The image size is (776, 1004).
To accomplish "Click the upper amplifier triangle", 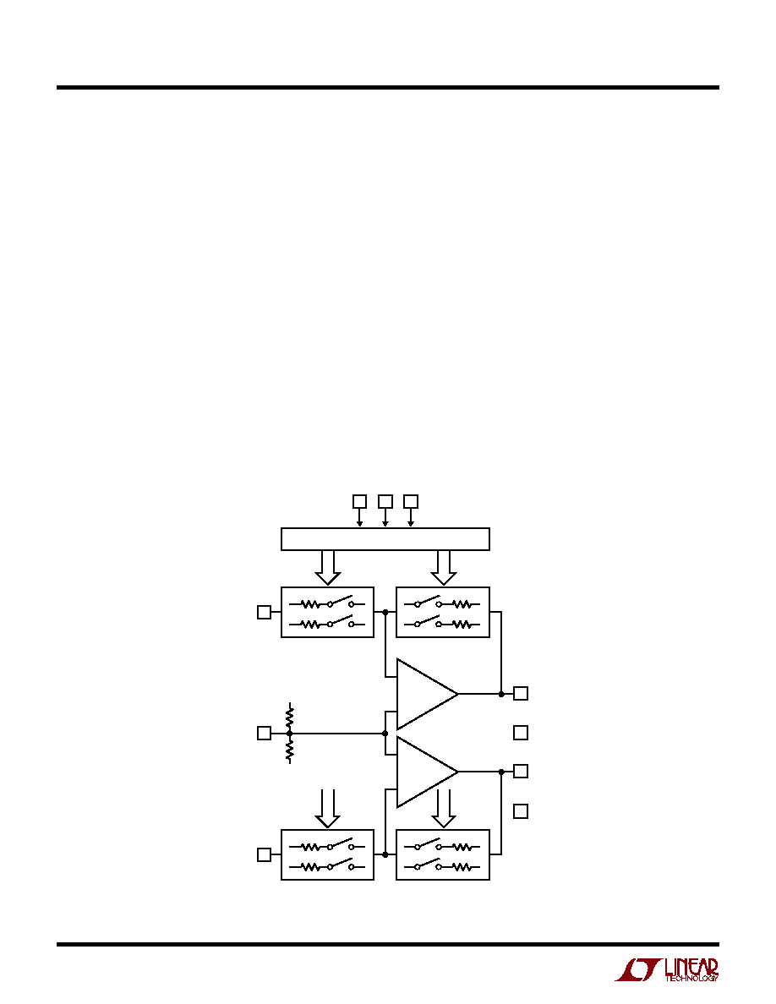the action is pyautogui.click(x=426, y=694).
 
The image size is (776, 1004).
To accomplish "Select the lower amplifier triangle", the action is pyautogui.click(x=426, y=772).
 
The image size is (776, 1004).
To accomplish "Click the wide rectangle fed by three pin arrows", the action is pyautogui.click(x=385, y=539).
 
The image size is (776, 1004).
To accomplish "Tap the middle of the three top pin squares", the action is pyautogui.click(x=385, y=500).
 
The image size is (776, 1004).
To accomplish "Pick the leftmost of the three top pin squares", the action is pyautogui.click(x=360, y=500).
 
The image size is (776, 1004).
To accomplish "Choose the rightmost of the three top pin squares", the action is pyautogui.click(x=411, y=500).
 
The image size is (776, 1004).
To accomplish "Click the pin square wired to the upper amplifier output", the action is pyautogui.click(x=522, y=694).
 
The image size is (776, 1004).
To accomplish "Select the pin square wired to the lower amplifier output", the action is pyautogui.click(x=522, y=771).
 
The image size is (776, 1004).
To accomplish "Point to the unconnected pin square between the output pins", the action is pyautogui.click(x=522, y=733).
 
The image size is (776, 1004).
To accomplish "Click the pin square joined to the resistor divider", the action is pyautogui.click(x=264, y=733).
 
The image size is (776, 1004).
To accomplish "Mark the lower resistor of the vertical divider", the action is pyautogui.click(x=290, y=749).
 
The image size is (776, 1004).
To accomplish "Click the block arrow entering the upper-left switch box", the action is pyautogui.click(x=328, y=567).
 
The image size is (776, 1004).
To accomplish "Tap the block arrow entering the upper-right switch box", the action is pyautogui.click(x=443, y=567).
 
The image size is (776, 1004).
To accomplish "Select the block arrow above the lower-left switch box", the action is pyautogui.click(x=328, y=808).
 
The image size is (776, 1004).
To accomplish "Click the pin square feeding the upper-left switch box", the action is pyautogui.click(x=264, y=612).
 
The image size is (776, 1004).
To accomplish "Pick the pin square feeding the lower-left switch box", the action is pyautogui.click(x=264, y=854).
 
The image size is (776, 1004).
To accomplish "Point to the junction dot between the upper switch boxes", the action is pyautogui.click(x=385, y=612).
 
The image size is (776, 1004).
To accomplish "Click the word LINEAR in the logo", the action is pyautogui.click(x=691, y=968).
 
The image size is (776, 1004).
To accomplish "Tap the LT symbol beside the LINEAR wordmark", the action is pyautogui.click(x=637, y=970).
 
